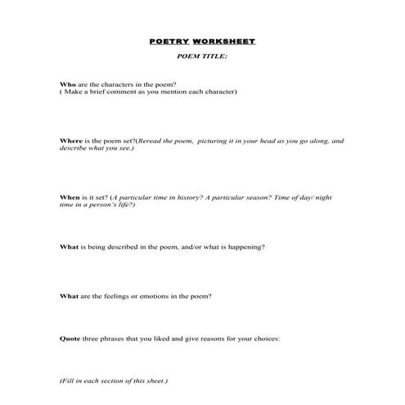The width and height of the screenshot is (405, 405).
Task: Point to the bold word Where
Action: point(71,141)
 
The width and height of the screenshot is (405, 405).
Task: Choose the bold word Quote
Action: point(70,338)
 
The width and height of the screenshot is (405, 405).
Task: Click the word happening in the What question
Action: point(246,246)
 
